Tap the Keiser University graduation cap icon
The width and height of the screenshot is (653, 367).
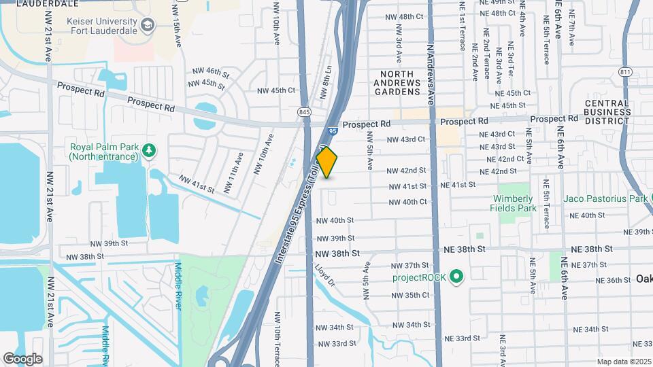point(148,26)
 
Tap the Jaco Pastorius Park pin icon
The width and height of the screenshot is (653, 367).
point(652,199)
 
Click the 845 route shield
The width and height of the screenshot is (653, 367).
point(303,111)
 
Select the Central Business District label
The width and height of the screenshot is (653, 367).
point(607,112)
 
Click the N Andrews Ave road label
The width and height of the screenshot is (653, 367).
point(431,75)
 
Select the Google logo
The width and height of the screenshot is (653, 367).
point(22,358)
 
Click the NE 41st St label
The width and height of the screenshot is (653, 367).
point(458,185)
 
